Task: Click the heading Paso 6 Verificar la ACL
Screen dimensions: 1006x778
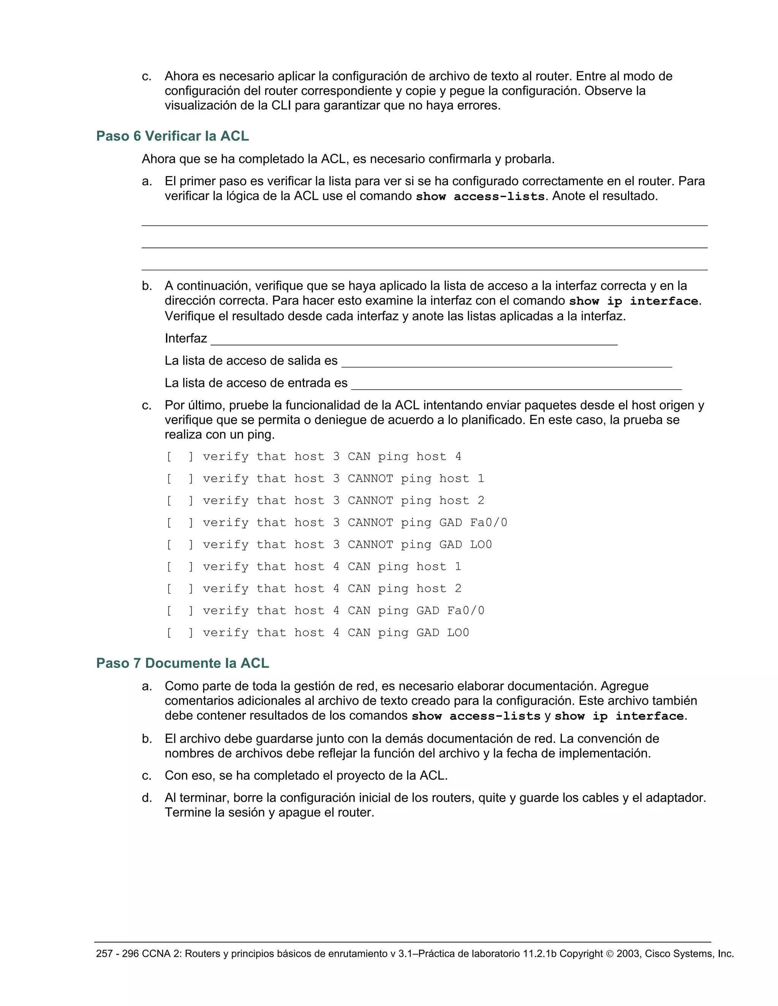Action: tap(172, 136)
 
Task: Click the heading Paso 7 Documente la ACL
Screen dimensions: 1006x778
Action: tap(182, 663)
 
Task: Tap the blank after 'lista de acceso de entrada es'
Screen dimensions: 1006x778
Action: tap(516, 386)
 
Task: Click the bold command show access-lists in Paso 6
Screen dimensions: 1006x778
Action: tap(480, 197)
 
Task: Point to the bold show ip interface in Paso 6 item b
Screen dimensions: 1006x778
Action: tap(634, 301)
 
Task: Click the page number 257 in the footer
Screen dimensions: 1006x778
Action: tap(104, 954)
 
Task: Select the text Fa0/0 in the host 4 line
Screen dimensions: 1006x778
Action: tap(465, 611)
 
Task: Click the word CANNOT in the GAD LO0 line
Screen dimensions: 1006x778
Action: tap(370, 544)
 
